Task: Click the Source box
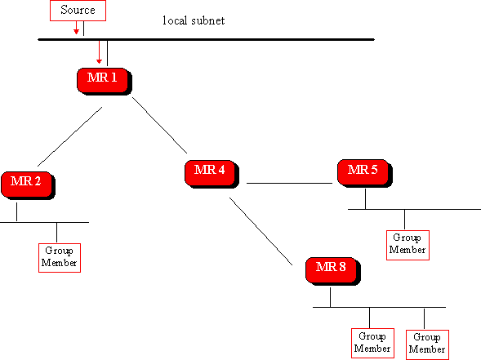78,11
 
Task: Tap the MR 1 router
105,82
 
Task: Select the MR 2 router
28,185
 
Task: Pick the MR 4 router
212,174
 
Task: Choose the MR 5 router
365,173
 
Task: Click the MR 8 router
333,271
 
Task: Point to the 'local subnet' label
194,20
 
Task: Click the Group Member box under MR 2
60,258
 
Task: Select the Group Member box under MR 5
408,246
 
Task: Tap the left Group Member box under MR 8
372,344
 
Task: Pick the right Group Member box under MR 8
427,344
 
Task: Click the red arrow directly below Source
76,28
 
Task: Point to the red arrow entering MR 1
99,52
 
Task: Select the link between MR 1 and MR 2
69,137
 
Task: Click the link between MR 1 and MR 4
159,125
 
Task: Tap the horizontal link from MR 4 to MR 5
289,184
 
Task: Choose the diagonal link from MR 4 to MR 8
261,231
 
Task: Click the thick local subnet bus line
206,39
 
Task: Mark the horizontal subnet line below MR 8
379,307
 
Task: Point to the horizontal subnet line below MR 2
44,222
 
